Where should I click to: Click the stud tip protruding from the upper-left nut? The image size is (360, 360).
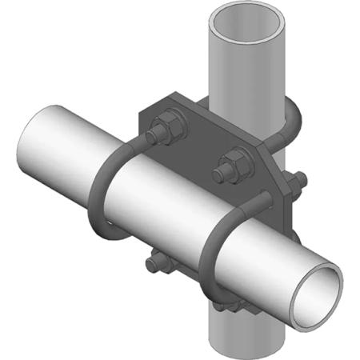(159, 124)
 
